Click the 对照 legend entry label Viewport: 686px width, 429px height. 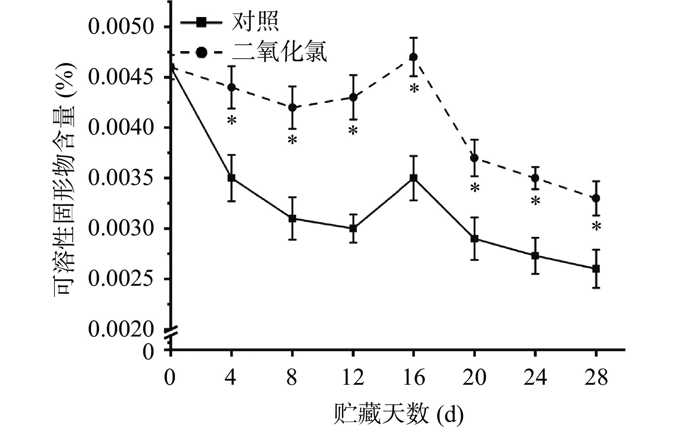coord(255,22)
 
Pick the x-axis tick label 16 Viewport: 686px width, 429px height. coord(413,378)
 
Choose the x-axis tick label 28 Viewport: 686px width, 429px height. coord(596,378)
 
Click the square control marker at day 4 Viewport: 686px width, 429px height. coord(231,178)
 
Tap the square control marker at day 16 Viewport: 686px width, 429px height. coord(413,178)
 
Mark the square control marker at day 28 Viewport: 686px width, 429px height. coord(596,269)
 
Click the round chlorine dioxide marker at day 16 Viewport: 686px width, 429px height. coord(413,57)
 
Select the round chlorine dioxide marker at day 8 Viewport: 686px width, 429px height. coord(292,108)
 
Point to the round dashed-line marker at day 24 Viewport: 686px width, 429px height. coord(535,178)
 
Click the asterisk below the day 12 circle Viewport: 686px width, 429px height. coord(353,131)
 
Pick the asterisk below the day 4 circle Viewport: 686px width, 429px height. coord(232,121)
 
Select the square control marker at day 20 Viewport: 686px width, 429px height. coord(474,239)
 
